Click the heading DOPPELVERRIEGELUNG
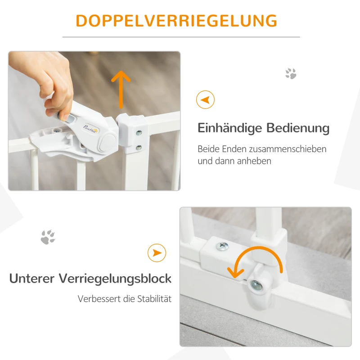pos(176,21)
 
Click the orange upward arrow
pos(121,89)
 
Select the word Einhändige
pos(230,128)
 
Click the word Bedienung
pos(298,128)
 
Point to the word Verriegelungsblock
pos(115,279)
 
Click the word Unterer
pos(32,279)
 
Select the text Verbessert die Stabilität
pos(125,299)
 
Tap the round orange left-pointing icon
pos(205,99)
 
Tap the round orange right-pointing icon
pos(157,253)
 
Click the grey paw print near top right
pos(291,73)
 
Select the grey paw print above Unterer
pos(48,237)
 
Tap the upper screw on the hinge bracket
pos(139,133)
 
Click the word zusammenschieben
pos(285,149)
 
